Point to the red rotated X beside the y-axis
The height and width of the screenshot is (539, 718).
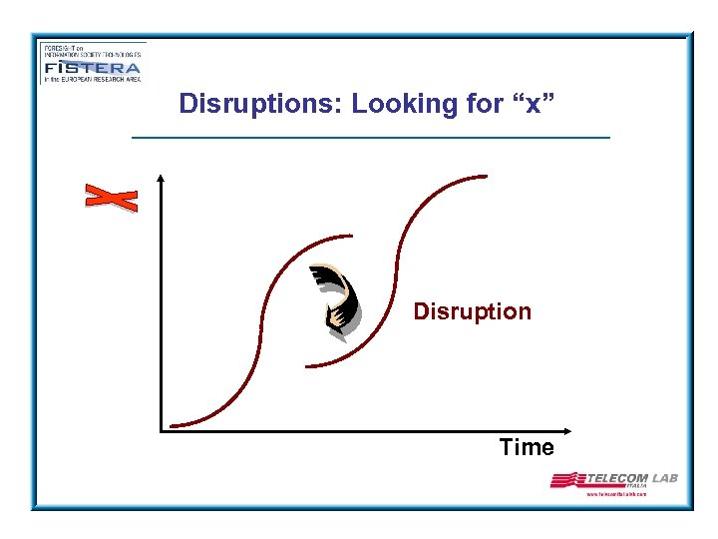coord(111,198)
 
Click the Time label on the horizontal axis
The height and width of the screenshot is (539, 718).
coord(527,448)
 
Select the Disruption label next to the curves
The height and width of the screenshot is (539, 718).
coord(473,311)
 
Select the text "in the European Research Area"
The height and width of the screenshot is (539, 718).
coord(91,79)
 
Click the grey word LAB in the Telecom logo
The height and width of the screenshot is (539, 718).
coord(665,478)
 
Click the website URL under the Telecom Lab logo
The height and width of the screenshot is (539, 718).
coord(616,494)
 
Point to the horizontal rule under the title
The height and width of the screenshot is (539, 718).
coord(371,137)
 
